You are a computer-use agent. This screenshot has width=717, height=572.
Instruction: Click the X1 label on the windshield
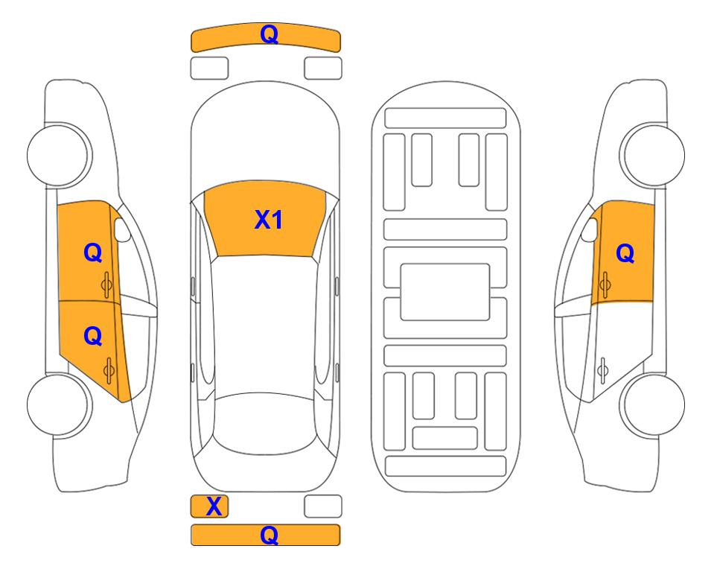coord(269,220)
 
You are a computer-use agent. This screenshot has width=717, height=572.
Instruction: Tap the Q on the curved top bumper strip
coord(270,34)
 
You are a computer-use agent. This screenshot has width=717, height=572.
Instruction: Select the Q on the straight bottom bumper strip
coord(270,535)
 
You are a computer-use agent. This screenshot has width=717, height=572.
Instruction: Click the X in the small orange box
coord(214,506)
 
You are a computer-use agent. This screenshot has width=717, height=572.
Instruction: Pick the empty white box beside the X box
coord(323,506)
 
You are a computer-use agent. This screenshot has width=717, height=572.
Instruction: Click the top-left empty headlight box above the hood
coord(209,69)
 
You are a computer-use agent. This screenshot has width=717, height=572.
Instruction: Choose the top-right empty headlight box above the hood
coord(323,69)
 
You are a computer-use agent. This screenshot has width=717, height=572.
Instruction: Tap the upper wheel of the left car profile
coord(58,155)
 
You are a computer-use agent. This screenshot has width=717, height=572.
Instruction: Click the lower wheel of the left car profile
coord(58,404)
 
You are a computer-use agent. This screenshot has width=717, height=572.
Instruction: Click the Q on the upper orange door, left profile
coord(93,253)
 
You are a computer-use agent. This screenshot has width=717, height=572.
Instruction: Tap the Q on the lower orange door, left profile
coord(93,337)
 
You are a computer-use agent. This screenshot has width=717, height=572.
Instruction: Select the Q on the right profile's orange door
coord(625,253)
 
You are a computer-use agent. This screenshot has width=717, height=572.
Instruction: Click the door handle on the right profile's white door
coord(603,371)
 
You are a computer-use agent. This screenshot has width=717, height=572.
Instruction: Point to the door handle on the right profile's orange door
coord(605,285)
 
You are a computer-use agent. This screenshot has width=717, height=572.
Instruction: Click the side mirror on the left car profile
coord(121,229)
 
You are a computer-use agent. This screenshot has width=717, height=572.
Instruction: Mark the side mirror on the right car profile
coord(590,229)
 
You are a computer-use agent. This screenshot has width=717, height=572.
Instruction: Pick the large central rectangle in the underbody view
coord(445,292)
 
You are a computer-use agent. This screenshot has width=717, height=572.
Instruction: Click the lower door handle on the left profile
coord(109,371)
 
